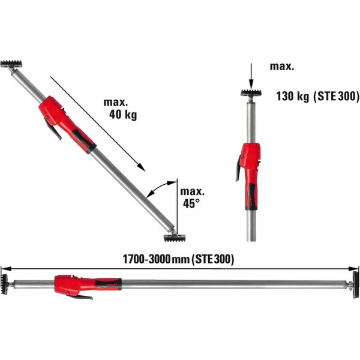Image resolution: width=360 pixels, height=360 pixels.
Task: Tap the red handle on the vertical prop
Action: [251, 161]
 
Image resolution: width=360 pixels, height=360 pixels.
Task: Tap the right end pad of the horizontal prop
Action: [355, 283]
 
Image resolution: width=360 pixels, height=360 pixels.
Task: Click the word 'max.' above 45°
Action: [192, 191]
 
